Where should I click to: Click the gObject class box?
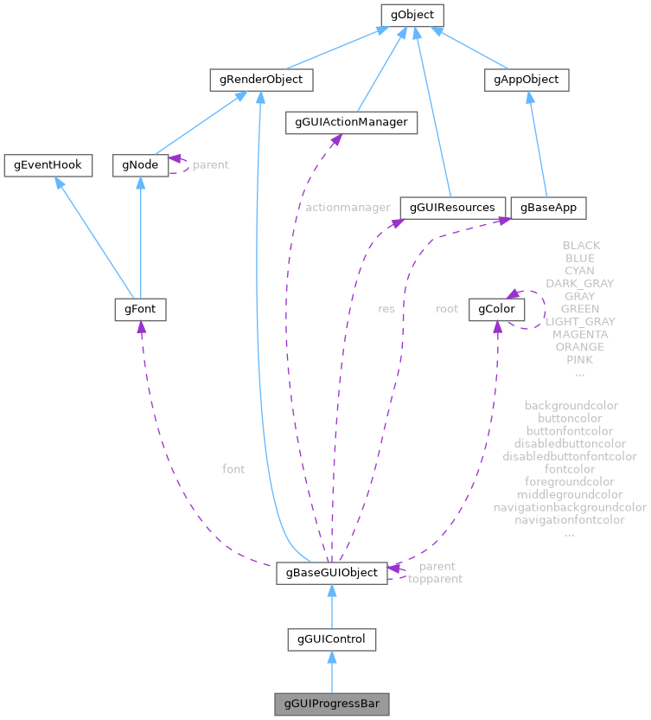[412, 15]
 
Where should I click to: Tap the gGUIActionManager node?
[352, 123]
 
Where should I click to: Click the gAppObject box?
[527, 80]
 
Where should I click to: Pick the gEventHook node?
[48, 164]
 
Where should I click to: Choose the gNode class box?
[140, 164]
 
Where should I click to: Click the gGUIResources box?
[452, 208]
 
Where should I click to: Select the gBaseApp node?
[549, 208]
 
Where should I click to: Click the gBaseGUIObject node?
[331, 573]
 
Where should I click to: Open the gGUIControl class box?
[331, 640]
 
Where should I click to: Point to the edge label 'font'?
[233, 469]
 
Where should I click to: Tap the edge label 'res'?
[386, 308]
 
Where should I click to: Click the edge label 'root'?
[447, 308]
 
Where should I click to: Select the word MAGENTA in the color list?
[580, 334]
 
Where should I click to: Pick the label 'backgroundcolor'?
[571, 405]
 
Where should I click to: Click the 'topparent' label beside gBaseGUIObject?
[435, 579]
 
